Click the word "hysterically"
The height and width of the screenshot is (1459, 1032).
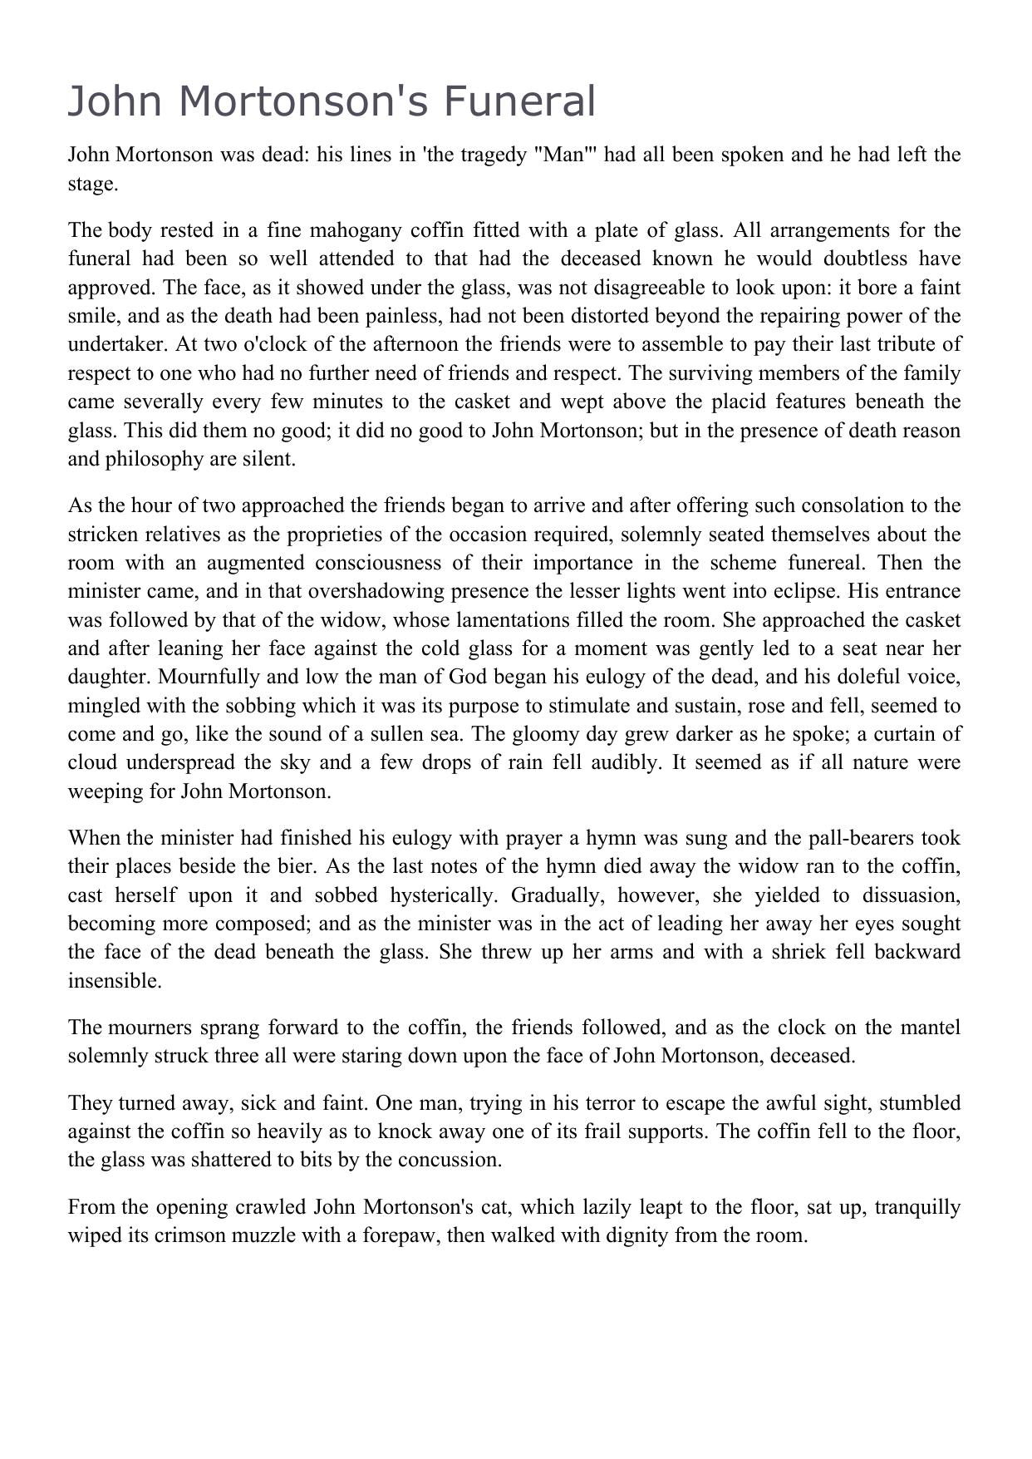point(433,895)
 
